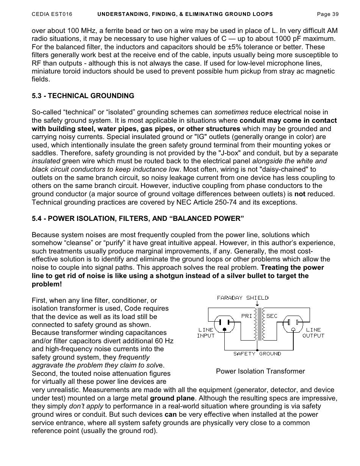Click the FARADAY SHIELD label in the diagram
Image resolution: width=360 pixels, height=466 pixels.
click(x=243, y=298)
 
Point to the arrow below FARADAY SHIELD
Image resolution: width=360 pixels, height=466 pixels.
click(x=258, y=303)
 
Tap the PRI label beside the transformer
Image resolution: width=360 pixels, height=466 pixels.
click(x=246, y=316)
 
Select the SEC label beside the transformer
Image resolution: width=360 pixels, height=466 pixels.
click(x=272, y=316)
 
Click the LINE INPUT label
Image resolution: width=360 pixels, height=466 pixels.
click(x=206, y=333)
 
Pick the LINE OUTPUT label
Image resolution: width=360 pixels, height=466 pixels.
click(x=313, y=333)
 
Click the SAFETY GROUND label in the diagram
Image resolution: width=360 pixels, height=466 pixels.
click(x=257, y=353)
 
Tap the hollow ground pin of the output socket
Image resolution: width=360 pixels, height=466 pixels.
click(x=293, y=330)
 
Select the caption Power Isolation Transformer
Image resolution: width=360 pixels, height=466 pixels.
click(x=260, y=371)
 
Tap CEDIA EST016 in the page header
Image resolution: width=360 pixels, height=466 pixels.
click(x=52, y=14)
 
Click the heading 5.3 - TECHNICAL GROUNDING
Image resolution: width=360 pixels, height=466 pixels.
click(x=83, y=96)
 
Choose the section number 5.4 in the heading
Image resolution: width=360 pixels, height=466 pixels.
click(x=37, y=219)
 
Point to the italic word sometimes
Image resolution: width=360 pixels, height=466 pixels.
click(x=231, y=113)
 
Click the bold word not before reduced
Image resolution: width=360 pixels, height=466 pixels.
click(x=300, y=194)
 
